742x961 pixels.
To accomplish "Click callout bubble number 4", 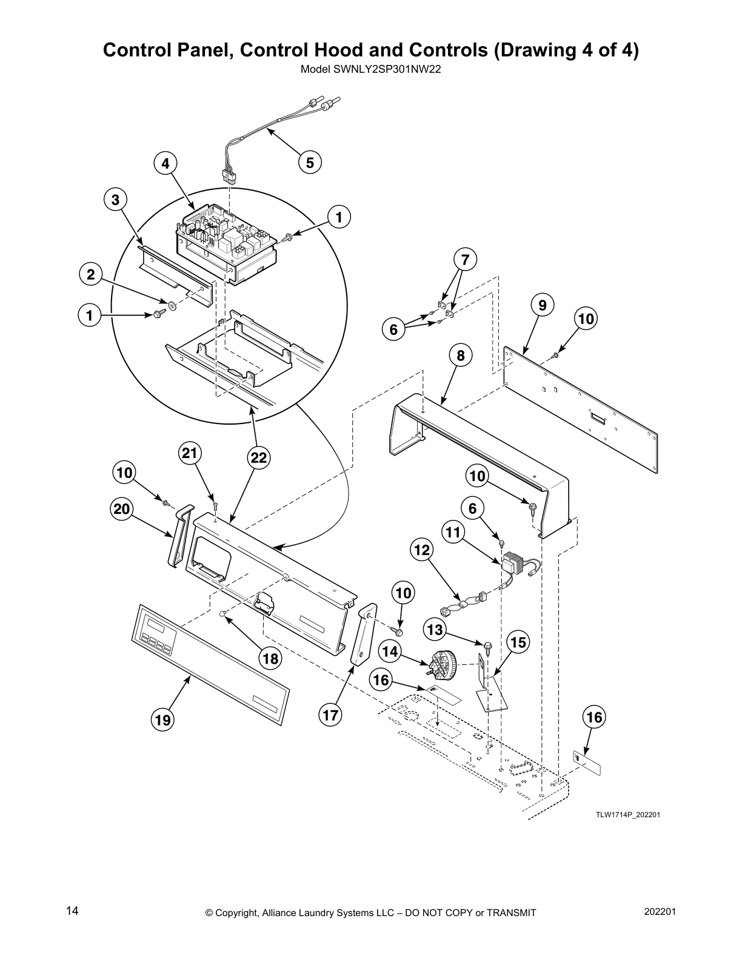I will (165, 163).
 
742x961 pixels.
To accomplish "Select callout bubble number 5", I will (310, 162).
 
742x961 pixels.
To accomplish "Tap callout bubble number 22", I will (259, 459).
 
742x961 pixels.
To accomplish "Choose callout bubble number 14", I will (391, 651).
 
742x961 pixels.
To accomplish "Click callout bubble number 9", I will (543, 305).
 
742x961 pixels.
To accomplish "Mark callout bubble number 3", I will (115, 200).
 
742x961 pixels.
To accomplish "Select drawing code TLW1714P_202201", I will (627, 814).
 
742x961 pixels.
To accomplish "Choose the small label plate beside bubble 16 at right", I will (587, 763).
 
